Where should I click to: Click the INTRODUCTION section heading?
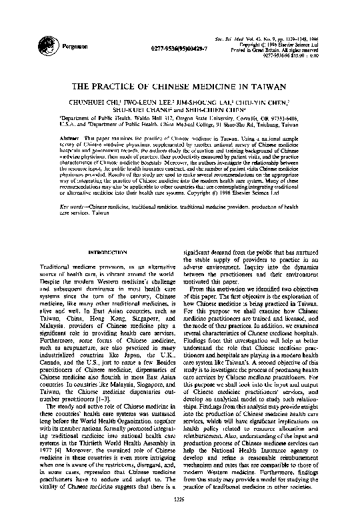point(107,251)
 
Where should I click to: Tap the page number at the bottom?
point(179,515)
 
